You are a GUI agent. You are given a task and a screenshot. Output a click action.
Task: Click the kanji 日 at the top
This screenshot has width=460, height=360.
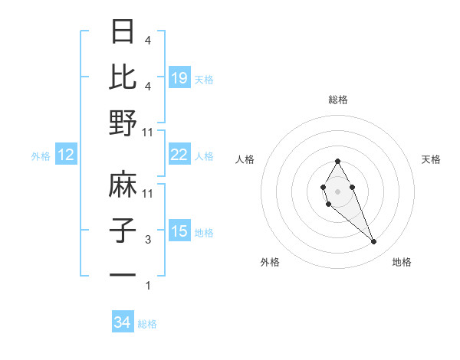click(x=124, y=32)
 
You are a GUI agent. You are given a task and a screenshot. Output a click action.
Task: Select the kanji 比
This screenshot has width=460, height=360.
click(x=124, y=77)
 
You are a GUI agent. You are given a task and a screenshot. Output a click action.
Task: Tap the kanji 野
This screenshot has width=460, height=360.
click(x=124, y=123)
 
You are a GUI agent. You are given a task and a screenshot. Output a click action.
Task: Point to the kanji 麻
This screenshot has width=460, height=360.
click(x=124, y=185)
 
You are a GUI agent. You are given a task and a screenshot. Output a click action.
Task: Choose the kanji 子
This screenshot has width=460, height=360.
click(x=124, y=231)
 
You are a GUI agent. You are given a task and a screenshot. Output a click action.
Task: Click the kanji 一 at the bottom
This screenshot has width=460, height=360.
click(x=124, y=275)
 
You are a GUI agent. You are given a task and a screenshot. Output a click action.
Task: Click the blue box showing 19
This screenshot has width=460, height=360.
click(x=179, y=78)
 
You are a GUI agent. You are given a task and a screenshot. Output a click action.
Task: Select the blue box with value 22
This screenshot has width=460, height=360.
click(x=179, y=155)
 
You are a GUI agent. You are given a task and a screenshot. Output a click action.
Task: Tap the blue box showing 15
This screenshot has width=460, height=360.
click(x=179, y=232)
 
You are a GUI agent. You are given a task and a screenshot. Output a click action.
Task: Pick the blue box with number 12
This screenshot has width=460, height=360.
click(x=66, y=155)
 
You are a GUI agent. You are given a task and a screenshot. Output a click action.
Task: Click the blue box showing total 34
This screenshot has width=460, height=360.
click(x=123, y=323)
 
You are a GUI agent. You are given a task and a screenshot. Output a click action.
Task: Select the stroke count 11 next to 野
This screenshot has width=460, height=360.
click(x=149, y=132)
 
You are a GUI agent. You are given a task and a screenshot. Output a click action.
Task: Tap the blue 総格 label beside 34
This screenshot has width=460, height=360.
click(x=147, y=324)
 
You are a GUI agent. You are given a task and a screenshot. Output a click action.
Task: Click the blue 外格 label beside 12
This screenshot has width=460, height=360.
click(x=41, y=156)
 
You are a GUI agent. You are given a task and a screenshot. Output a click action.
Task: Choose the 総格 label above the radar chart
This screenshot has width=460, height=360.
click(x=338, y=100)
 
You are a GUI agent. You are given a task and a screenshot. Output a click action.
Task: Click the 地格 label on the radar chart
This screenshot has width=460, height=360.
click(x=402, y=262)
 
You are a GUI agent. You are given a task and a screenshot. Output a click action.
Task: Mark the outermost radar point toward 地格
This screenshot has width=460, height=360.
click(x=374, y=242)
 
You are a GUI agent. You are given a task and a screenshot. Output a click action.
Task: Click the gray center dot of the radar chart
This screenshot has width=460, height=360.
click(x=337, y=189)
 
